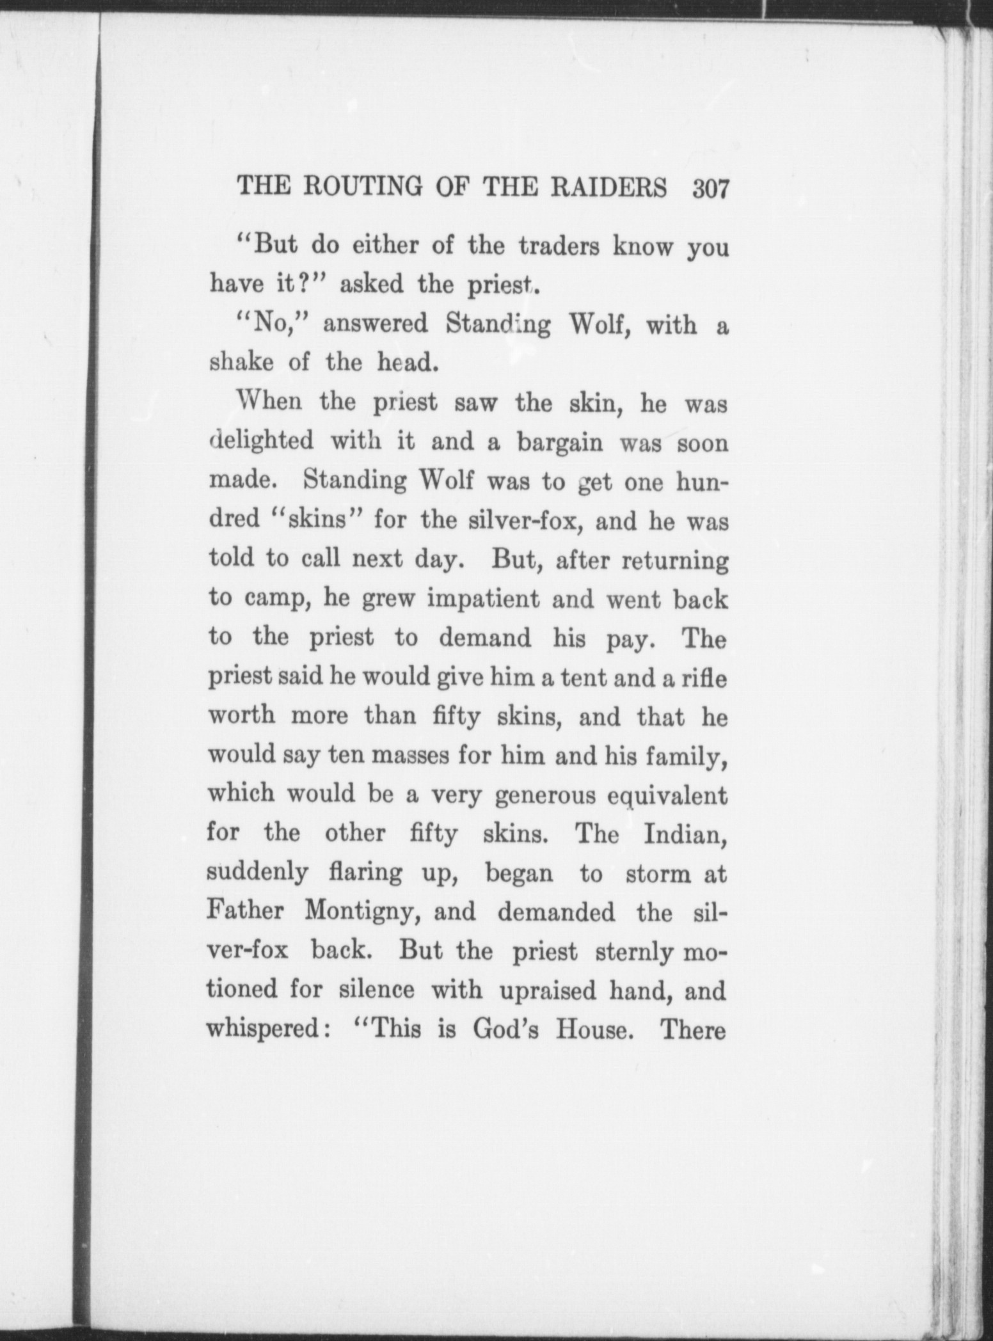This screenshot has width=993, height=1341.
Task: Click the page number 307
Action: pyautogui.click(x=710, y=191)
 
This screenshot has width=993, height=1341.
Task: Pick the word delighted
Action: pyautogui.click(x=261, y=441)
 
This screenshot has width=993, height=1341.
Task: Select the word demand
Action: pyautogui.click(x=484, y=638)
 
